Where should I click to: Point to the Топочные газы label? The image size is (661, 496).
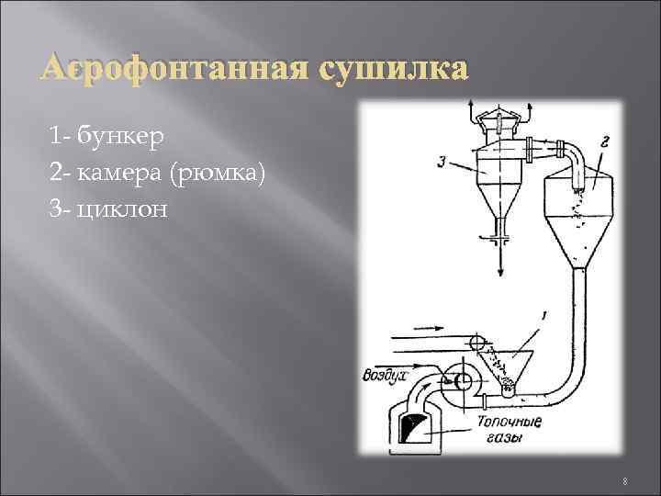509,430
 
